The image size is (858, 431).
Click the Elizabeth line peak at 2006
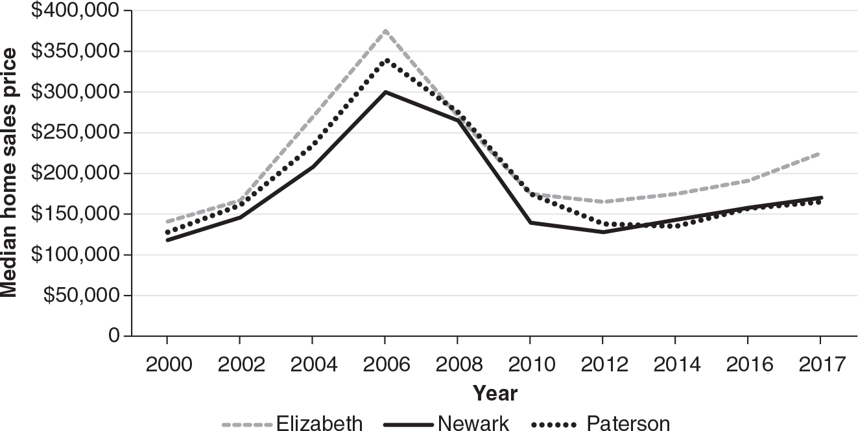click(385, 30)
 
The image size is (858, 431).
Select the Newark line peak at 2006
click(385, 92)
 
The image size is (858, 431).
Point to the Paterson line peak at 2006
click(385, 60)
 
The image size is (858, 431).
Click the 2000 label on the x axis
click(167, 364)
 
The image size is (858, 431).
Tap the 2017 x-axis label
click(820, 364)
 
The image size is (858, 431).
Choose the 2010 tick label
click(530, 364)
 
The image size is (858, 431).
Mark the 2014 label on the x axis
click(675, 364)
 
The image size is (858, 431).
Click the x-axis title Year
click(494, 393)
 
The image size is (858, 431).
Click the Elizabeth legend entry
click(292, 423)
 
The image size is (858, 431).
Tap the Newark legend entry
click(446, 423)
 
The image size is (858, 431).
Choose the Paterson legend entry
click(601, 423)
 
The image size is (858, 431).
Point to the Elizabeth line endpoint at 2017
click(820, 154)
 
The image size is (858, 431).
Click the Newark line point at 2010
click(530, 222)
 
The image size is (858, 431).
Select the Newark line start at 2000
click(167, 240)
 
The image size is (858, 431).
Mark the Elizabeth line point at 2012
click(602, 202)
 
